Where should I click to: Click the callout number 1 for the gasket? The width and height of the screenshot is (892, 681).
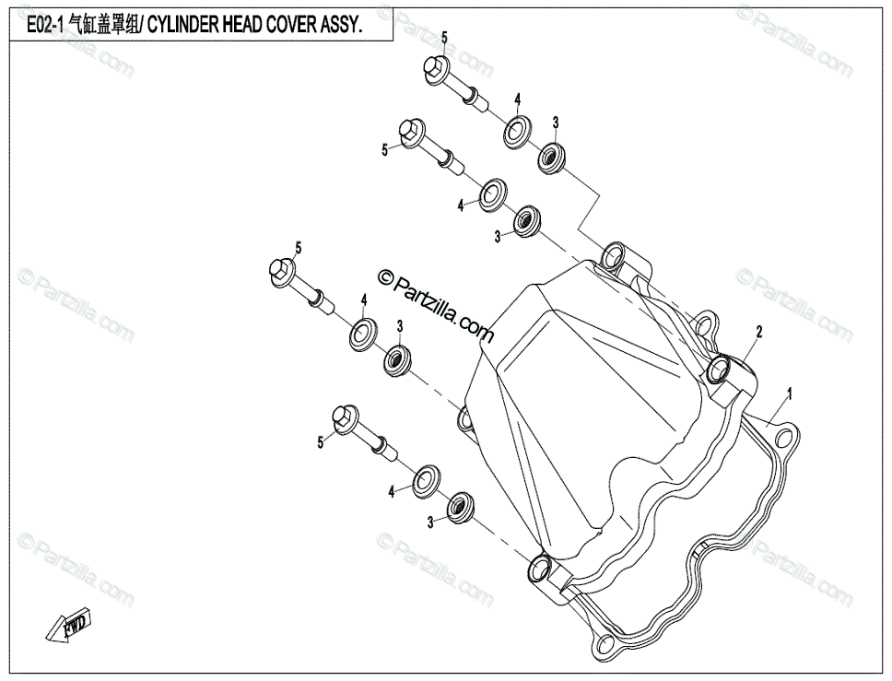click(x=789, y=392)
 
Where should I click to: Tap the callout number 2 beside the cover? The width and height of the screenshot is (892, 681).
click(x=759, y=330)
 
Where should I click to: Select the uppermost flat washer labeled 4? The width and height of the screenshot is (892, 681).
click(x=517, y=130)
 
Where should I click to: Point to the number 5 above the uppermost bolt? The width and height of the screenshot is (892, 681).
click(x=444, y=37)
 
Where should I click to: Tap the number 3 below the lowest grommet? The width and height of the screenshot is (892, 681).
click(x=430, y=523)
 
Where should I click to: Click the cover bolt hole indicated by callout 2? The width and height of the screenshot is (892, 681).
click(x=720, y=371)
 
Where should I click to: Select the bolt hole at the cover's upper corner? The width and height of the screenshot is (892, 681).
click(x=615, y=256)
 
